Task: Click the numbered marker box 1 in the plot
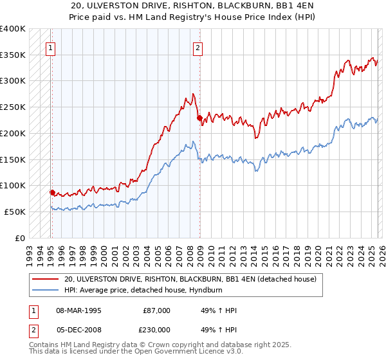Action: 51,47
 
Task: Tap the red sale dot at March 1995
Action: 51,192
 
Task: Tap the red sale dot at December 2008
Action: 199,117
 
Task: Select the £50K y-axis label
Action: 15,212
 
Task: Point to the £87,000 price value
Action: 156,310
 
